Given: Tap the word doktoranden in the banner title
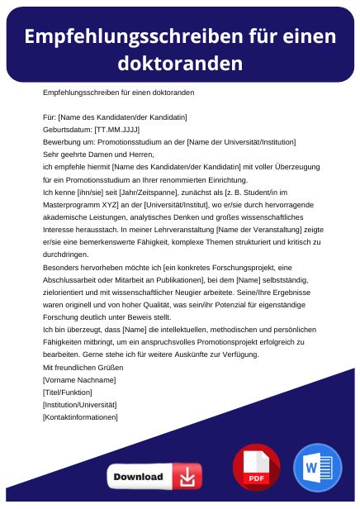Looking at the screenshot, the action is coord(179,64).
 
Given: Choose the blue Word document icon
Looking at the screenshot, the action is coord(317,468).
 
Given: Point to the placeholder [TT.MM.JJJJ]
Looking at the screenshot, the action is coord(116,130).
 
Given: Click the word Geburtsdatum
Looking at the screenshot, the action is coord(67,130).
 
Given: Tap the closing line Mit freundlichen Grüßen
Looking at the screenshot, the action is coord(83,367).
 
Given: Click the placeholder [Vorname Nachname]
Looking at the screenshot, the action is coord(78,379).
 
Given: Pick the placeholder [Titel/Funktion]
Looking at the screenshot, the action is coord(67,392).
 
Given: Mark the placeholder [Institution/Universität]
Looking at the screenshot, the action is coord(79,404).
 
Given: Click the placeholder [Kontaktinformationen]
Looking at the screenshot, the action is coord(80,417).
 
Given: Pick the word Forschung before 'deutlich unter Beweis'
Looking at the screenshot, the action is coord(63,316).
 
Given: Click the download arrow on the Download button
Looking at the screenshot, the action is coord(188,477).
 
